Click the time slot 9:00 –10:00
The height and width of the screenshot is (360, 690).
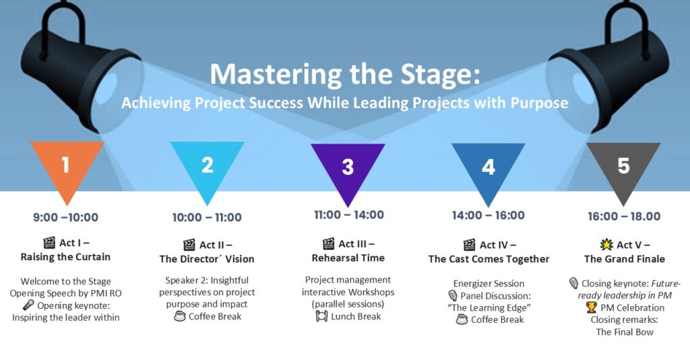click(x=65, y=217)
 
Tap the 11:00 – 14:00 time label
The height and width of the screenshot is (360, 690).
click(x=349, y=215)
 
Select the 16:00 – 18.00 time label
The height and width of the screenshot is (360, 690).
click(x=624, y=216)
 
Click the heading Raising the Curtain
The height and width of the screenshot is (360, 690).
click(x=65, y=257)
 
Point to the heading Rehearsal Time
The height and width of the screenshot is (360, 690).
click(x=348, y=258)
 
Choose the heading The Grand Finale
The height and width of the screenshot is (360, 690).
click(x=625, y=259)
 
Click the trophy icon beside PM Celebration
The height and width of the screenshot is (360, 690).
click(x=592, y=307)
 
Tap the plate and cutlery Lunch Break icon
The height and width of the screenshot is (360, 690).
click(x=321, y=316)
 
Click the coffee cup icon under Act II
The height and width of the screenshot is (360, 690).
click(x=179, y=316)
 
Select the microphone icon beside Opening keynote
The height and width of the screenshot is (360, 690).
click(x=28, y=305)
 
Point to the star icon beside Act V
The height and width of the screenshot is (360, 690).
click(x=606, y=244)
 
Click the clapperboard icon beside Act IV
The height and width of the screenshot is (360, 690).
click(x=470, y=245)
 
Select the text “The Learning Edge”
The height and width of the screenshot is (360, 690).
click(x=489, y=307)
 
